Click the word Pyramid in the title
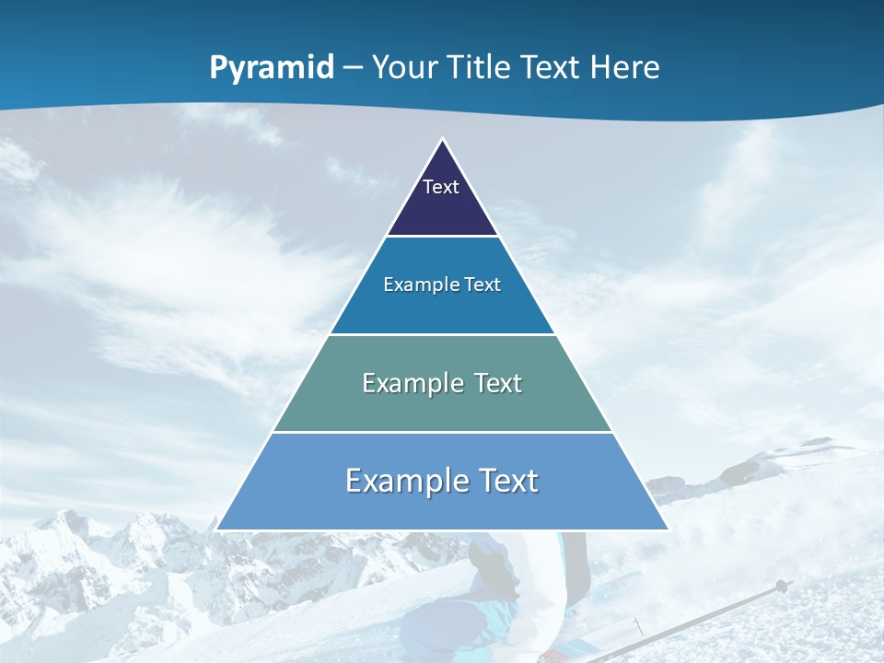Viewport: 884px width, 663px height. point(272,68)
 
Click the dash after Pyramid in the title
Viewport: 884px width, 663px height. point(353,68)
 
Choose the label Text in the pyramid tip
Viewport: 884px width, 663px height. point(441,187)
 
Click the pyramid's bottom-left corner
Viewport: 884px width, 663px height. point(216,529)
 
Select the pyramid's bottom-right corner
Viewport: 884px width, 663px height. point(668,529)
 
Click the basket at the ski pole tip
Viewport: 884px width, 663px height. point(782,586)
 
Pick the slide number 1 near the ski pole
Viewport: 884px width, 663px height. point(637,626)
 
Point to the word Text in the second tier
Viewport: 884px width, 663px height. point(483,285)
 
